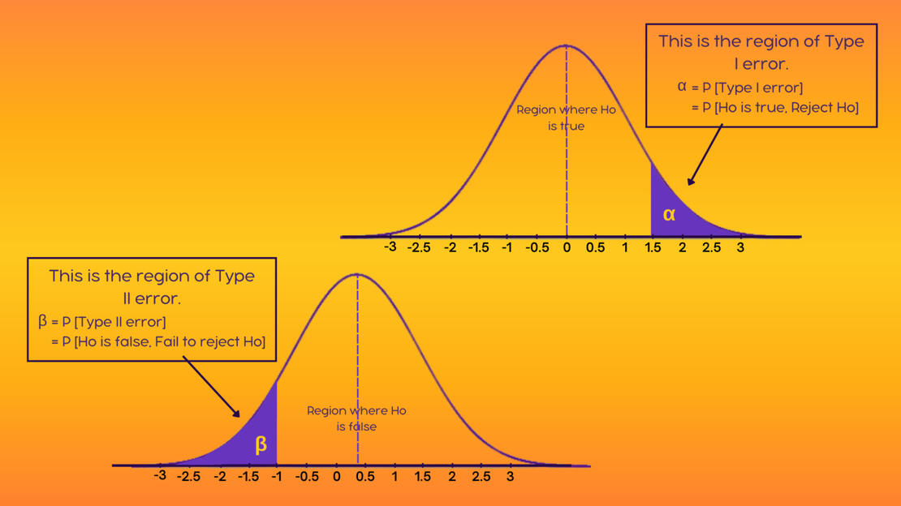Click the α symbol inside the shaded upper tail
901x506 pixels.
point(669,215)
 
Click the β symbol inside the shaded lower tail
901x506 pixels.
point(261,444)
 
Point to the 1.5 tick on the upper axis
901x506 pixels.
point(653,247)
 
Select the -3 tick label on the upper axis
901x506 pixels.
point(390,247)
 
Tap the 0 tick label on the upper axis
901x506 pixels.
point(567,247)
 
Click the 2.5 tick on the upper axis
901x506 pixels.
point(711,247)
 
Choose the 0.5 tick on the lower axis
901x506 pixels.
point(365,477)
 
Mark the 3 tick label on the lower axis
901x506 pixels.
point(510,477)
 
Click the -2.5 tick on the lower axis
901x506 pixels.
point(188,477)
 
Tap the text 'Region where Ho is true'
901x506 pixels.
point(567,118)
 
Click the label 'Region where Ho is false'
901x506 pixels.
point(356,418)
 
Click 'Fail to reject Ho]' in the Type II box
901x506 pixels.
point(210,342)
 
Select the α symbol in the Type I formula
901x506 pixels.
point(682,87)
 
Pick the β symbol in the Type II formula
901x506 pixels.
point(43,321)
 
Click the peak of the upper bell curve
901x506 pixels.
point(567,45)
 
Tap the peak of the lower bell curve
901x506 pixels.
point(357,274)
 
